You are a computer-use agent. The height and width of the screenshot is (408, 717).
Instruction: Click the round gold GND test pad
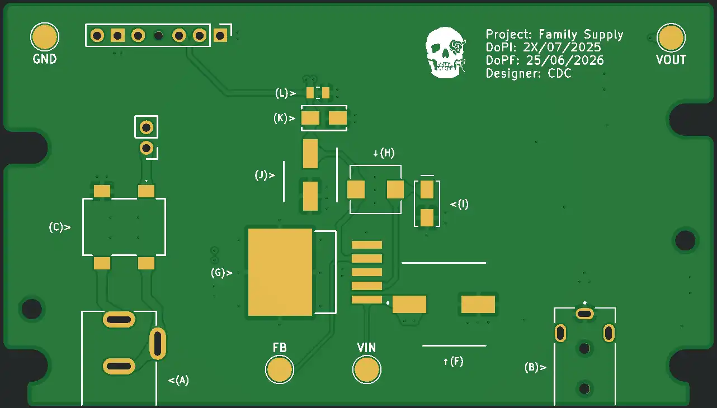tap(45, 37)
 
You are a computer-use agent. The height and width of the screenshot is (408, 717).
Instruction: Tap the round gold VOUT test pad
tap(671, 38)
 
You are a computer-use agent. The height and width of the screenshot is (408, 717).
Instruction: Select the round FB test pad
tap(280, 369)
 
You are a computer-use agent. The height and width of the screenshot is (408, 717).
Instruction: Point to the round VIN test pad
tap(367, 369)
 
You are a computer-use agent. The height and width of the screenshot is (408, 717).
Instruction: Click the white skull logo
tap(446, 53)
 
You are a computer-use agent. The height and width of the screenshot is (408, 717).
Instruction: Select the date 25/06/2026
tap(565, 60)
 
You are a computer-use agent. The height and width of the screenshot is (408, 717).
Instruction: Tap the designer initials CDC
tap(559, 73)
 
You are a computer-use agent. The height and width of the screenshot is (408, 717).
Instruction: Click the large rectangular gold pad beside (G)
tap(280, 272)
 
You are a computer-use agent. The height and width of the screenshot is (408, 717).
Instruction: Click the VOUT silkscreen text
tap(671, 60)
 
